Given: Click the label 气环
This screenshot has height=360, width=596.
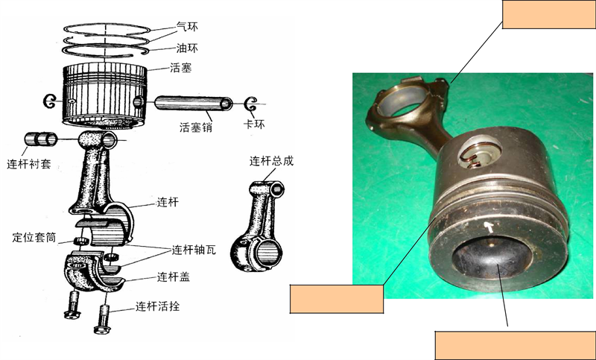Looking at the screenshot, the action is pyautogui.click(x=187, y=27).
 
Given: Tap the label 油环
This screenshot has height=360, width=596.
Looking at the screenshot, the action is pyautogui.click(x=187, y=48).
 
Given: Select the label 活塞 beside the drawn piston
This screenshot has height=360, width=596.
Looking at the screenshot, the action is pyautogui.click(x=180, y=68).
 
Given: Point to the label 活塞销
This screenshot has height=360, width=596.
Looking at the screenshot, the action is pyautogui.click(x=196, y=127).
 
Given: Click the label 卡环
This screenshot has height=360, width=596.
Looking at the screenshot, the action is pyautogui.click(x=254, y=124).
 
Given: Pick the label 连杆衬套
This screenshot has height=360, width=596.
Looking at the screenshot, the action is pyautogui.click(x=29, y=164).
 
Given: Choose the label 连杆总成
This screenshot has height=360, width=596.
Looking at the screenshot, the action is pyautogui.click(x=271, y=161).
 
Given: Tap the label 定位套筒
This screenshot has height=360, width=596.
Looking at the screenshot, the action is pyautogui.click(x=34, y=238).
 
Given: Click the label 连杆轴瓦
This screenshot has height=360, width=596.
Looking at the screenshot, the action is pyautogui.click(x=194, y=250).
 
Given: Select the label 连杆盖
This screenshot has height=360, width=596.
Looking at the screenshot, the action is pyautogui.click(x=174, y=277).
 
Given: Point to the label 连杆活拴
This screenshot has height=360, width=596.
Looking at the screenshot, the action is pyautogui.click(x=157, y=306).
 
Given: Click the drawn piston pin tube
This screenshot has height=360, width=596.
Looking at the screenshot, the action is pyautogui.click(x=194, y=103).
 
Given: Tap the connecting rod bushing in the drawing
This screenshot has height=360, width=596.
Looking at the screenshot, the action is pyautogui.click(x=41, y=139).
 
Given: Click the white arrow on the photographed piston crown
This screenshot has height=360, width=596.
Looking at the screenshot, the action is pyautogui.click(x=490, y=227).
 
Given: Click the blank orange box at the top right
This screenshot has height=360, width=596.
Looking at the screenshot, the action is pyautogui.click(x=549, y=14).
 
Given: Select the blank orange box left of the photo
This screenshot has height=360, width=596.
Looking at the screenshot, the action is pyautogui.click(x=337, y=299).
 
